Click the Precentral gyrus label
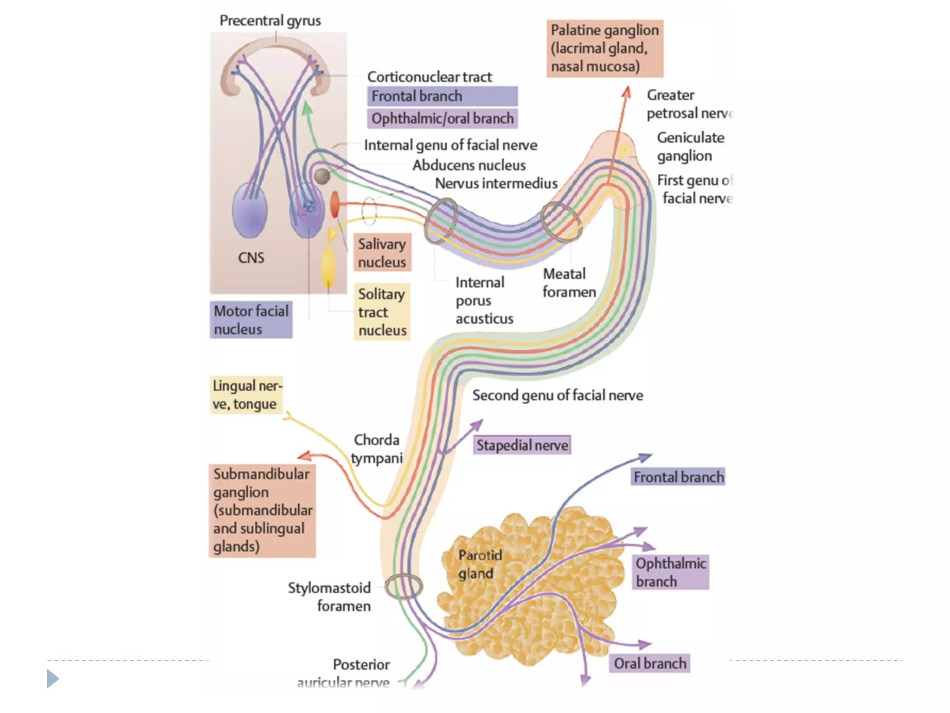[270, 21]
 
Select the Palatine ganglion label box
[605, 48]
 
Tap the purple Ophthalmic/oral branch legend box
[442, 119]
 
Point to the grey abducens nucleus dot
[322, 176]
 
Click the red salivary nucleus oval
[334, 204]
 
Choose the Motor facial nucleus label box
[251, 320]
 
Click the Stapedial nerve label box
[522, 445]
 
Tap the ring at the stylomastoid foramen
[404, 586]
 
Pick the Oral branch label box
[649, 663]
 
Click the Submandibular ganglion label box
[262, 510]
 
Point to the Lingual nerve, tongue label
[246, 395]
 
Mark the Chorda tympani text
[377, 449]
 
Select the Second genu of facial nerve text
[558, 395]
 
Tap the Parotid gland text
[480, 564]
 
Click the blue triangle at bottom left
[53, 679]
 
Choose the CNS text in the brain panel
[251, 258]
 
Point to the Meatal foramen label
[569, 283]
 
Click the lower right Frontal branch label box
[678, 477]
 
